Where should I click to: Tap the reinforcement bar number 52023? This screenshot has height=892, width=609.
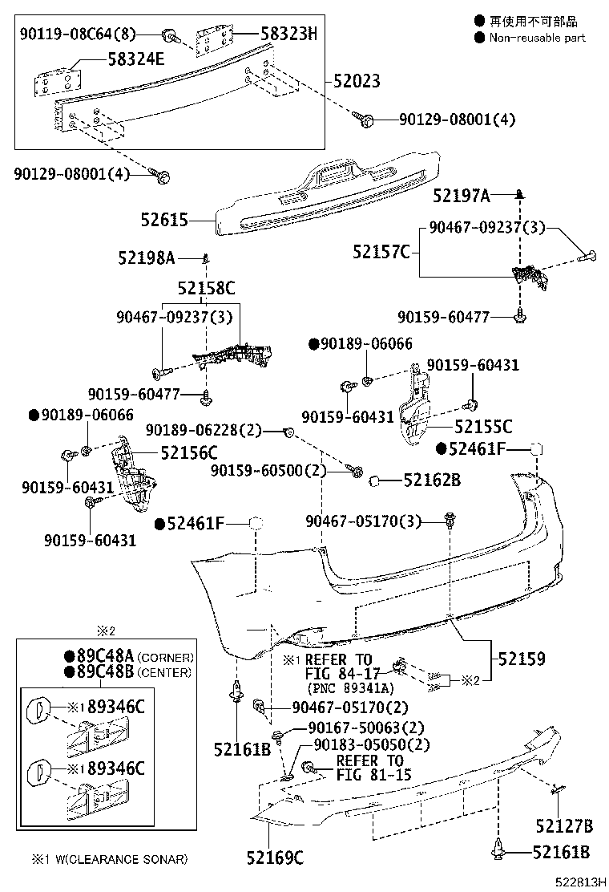(352, 82)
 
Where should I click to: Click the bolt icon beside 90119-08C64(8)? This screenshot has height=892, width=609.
(171, 34)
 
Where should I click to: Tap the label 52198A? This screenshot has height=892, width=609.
(147, 257)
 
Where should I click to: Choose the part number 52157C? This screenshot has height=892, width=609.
(381, 252)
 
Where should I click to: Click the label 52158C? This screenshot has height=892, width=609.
(206, 288)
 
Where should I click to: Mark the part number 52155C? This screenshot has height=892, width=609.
(483, 428)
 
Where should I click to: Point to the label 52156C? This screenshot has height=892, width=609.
(189, 452)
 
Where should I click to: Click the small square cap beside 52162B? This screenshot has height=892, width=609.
(373, 480)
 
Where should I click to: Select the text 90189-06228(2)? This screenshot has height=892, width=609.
(204, 431)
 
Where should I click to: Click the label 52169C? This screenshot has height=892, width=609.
(275, 858)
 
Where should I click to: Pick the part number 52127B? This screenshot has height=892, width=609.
(564, 825)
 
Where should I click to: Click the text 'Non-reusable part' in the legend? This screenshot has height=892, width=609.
(537, 38)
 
